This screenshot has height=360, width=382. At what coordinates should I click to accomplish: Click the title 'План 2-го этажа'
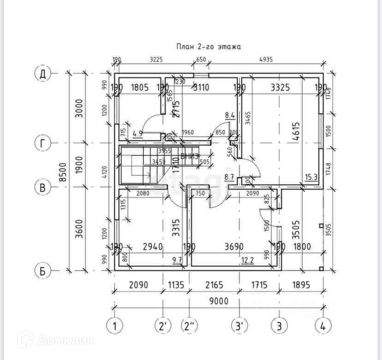[x=209, y=47]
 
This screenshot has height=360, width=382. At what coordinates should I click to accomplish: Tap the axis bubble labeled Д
[x=42, y=74]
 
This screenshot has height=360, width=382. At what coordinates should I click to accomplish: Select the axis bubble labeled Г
[x=42, y=144]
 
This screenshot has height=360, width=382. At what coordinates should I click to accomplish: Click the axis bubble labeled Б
[x=42, y=271]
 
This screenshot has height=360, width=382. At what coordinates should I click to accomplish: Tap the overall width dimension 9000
[x=218, y=301]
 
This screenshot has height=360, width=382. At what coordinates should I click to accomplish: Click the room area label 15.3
[x=310, y=177]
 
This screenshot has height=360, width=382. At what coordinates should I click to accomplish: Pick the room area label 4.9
[x=137, y=134]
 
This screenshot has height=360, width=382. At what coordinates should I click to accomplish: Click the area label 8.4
[x=230, y=115]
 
